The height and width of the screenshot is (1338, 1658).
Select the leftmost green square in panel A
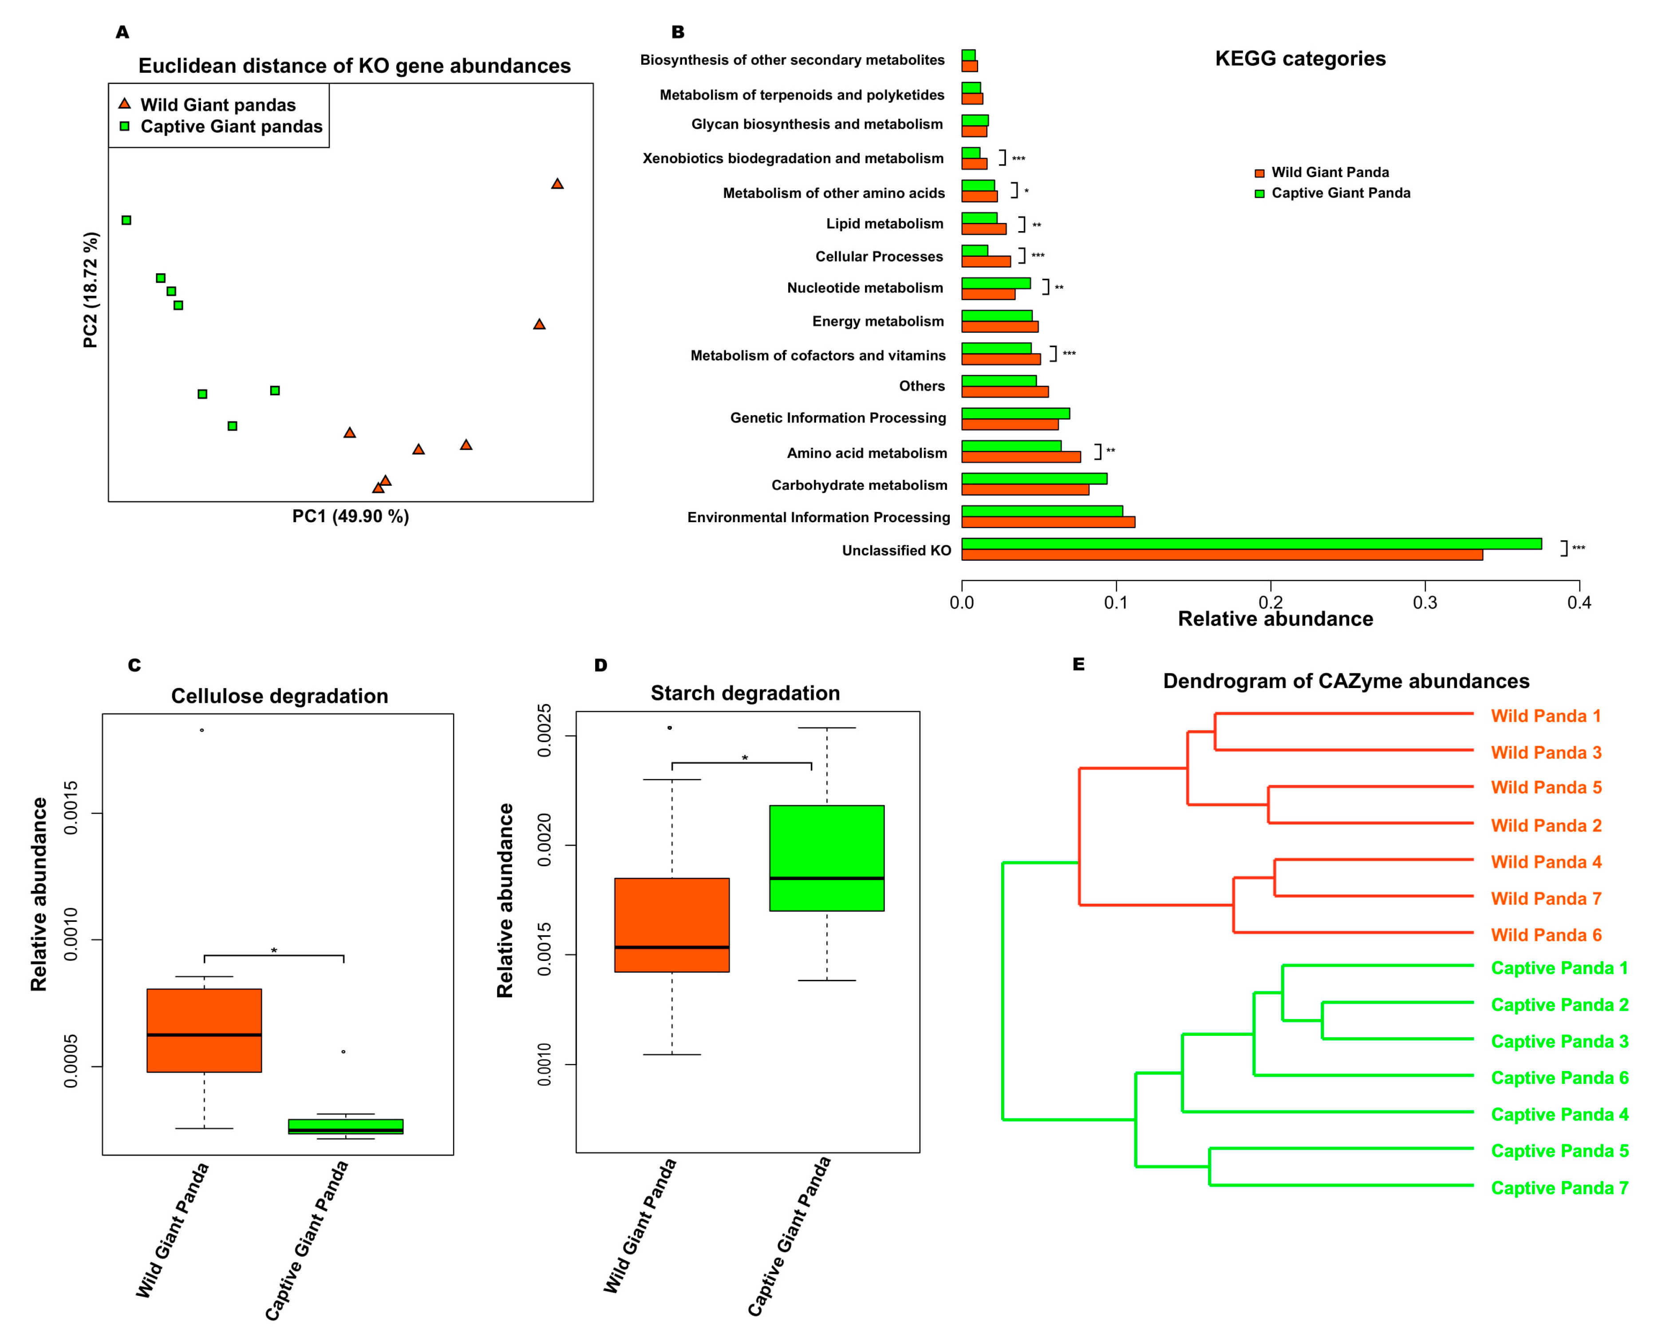(126, 220)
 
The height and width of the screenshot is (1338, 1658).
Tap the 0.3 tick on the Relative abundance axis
(1425, 602)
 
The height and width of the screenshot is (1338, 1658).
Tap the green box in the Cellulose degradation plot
(345, 1126)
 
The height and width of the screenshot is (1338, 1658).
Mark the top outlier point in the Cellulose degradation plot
(202, 730)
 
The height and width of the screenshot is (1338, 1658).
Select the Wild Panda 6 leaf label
(1545, 935)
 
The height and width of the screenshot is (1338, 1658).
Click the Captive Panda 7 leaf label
(1559, 1188)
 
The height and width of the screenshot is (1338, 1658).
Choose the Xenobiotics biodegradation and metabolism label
(792, 158)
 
